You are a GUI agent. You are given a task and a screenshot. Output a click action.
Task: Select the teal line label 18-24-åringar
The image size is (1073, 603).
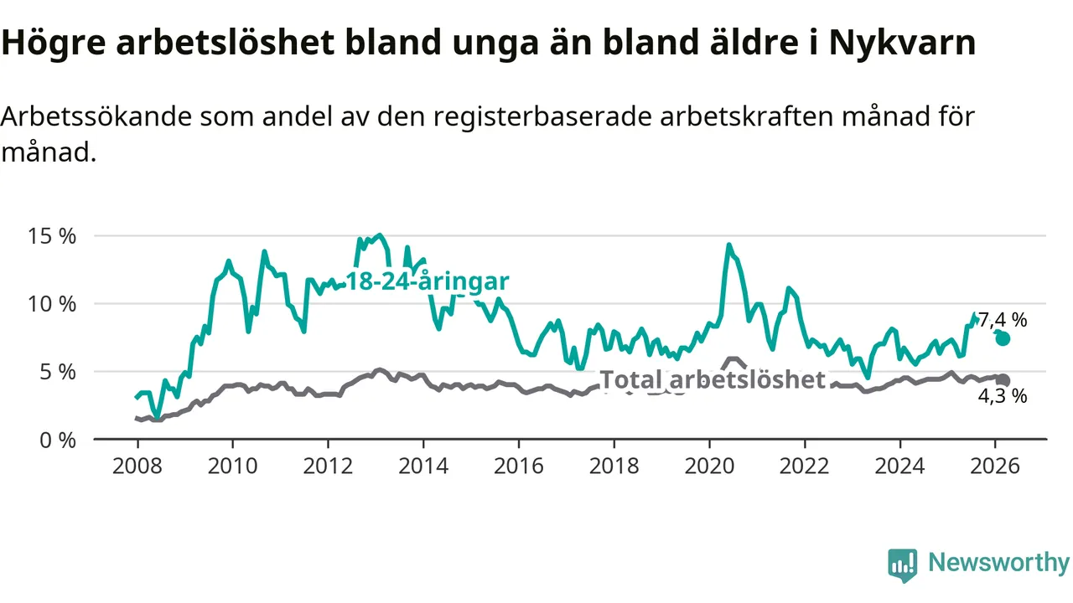(428, 281)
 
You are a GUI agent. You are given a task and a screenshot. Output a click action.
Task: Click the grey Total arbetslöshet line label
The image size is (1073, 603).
(713, 380)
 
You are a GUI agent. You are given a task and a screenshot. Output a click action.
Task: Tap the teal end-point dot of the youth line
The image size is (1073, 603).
(1003, 338)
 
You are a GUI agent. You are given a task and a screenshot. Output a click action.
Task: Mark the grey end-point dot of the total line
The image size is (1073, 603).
(1003, 380)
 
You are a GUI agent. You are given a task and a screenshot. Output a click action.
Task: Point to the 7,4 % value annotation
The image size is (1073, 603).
(1003, 319)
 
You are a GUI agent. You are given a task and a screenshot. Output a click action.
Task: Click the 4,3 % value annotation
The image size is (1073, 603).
(1003, 396)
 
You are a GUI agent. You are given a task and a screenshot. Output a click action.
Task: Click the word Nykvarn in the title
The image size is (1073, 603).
(902, 44)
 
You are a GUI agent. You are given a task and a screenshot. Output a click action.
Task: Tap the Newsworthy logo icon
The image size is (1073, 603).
(903, 564)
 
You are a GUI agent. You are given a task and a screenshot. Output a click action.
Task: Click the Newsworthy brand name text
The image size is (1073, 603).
(998, 563)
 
